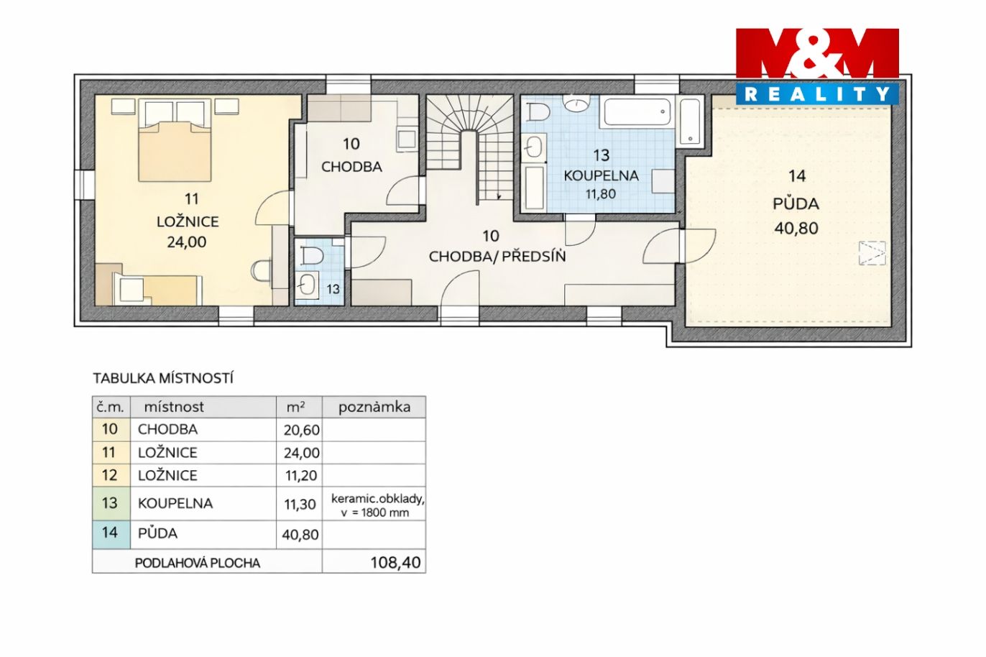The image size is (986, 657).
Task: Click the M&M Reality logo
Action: coord(817,67)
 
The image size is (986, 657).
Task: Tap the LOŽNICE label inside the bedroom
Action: coord(188,221)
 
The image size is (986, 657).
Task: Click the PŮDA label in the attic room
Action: coord(796,204)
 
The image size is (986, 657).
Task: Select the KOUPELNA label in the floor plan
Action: coord(602,175)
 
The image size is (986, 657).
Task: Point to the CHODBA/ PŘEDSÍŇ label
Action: coord(497,257)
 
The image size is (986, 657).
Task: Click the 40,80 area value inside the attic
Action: coord(796,228)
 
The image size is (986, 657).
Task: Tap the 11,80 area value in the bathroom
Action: coord(601,194)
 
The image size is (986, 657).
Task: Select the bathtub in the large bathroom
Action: coord(638,112)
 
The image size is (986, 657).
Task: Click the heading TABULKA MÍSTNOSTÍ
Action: coord(163,378)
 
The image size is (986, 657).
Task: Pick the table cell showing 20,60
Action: coord(301,431)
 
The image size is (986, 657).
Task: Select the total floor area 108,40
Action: coord(395,562)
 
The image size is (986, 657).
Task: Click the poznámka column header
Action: coord(374,408)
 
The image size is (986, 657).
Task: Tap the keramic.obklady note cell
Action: coord(377,505)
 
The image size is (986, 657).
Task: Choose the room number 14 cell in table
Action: coord(110,533)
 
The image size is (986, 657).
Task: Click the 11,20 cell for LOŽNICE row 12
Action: coord(301,476)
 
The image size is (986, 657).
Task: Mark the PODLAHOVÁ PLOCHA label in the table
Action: coord(197,564)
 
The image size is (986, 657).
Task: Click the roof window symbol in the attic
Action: coord(872,253)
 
